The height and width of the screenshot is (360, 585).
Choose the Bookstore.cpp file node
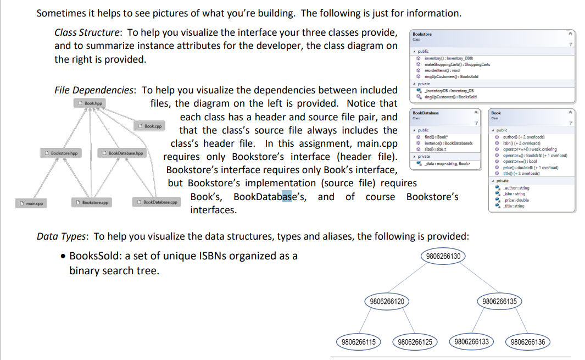click(92, 203)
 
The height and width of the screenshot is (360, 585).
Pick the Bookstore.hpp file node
click(62, 153)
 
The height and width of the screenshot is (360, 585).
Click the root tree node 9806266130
click(443, 256)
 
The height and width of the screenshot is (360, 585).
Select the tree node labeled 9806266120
click(387, 301)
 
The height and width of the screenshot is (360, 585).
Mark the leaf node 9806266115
click(359, 342)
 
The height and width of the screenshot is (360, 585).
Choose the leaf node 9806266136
click(527, 342)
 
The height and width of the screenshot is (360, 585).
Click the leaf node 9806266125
click(415, 342)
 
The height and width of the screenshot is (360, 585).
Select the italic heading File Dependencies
click(96, 90)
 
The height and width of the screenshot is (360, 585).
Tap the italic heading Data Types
click(62, 236)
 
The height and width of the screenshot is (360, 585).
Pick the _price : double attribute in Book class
click(516, 200)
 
